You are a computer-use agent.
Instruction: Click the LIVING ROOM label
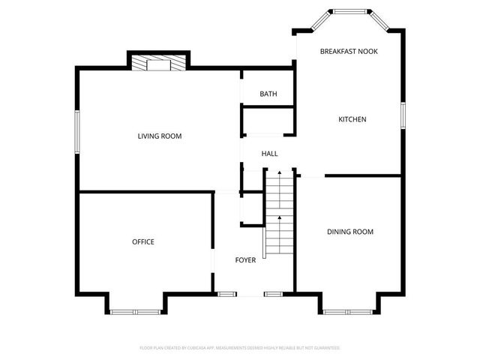160,136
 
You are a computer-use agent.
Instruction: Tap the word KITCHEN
352,119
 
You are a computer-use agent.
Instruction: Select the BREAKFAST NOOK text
349,51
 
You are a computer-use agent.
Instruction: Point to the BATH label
268,94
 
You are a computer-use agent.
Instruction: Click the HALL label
269,154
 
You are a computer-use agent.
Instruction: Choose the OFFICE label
142,241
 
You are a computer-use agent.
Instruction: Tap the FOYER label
245,260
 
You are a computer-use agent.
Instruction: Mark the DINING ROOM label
349,232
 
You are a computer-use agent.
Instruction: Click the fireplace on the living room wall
158,63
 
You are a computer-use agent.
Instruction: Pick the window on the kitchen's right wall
403,115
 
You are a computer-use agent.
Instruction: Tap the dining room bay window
349,311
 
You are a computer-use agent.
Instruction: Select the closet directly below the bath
267,121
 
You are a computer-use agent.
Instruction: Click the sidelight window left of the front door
223,294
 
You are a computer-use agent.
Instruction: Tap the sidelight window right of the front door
274,294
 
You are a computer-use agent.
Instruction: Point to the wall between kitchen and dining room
364,176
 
